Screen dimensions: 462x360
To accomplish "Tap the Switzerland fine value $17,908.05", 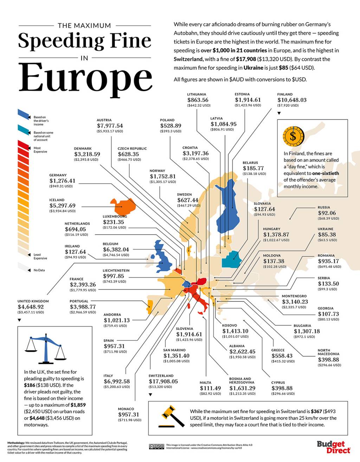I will [163, 381].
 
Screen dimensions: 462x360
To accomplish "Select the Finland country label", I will [285, 94].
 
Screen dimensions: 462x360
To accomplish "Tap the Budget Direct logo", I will [333, 447].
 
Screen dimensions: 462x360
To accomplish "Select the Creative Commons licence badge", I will [156, 447].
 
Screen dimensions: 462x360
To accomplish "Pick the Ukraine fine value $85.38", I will [327, 234].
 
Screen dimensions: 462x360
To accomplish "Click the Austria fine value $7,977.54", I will [110, 125].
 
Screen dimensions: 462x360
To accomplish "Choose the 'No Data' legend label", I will [39, 270].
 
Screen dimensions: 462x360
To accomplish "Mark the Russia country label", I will [324, 207].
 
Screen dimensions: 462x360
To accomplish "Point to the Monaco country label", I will [126, 409].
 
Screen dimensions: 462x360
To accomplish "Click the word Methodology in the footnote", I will [16, 443].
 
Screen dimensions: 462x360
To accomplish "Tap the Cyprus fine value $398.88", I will [282, 388].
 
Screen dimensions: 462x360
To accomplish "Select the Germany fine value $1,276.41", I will [62, 181].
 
